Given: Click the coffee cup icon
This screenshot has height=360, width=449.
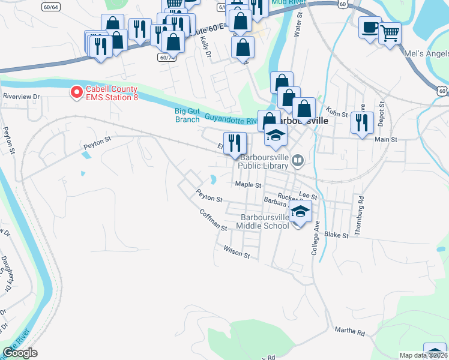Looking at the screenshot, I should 369,27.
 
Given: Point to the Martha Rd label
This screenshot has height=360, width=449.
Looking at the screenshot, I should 350,331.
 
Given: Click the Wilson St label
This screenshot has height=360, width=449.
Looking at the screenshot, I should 237,251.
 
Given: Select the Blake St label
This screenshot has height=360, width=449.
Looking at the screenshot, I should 336,235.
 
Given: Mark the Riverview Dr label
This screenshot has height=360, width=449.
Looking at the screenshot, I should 21,96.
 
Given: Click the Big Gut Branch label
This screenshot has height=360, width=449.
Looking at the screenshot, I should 187,115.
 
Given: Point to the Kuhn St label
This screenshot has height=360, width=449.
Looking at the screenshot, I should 338,111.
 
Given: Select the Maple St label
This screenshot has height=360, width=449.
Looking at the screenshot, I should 249,185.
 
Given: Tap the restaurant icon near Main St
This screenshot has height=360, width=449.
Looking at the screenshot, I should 361,123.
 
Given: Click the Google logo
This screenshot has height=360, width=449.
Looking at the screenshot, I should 20,353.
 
